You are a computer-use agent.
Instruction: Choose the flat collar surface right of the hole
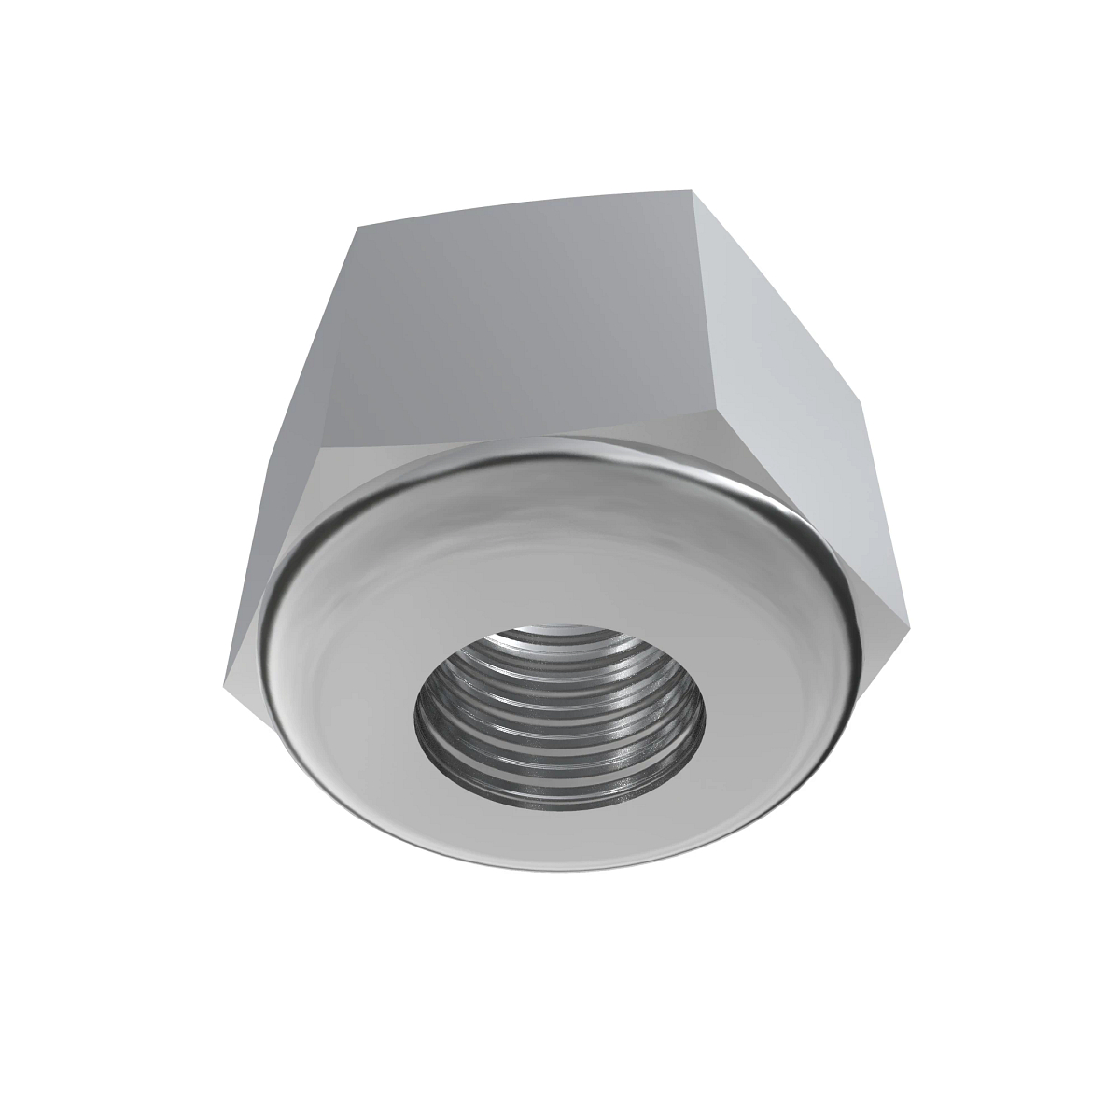(x=775, y=691)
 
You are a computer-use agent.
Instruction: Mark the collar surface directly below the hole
(x=560, y=835)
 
